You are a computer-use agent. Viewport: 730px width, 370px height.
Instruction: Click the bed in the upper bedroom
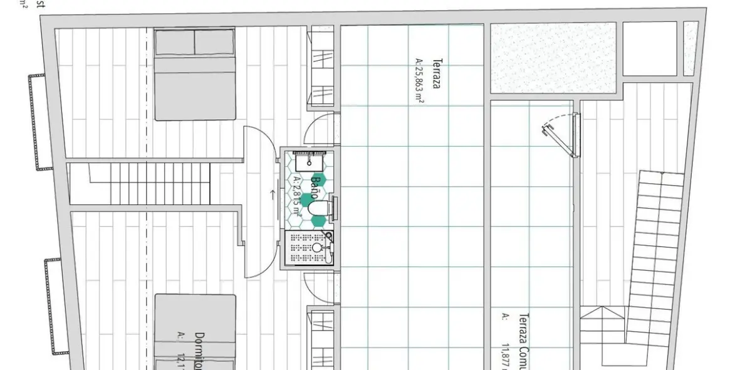194,74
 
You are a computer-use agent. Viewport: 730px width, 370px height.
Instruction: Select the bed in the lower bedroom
194,332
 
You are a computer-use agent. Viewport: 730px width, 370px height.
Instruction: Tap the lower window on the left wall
55,306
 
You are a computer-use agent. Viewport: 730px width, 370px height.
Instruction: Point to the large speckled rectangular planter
553,57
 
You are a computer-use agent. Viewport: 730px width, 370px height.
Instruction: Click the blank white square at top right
649,48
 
